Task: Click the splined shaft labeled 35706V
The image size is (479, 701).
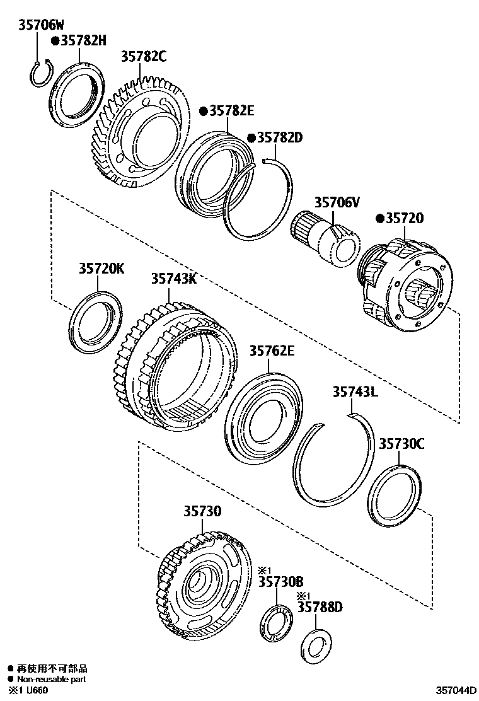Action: [326, 238]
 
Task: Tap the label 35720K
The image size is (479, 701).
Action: [101, 268]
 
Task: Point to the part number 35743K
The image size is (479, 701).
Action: [173, 278]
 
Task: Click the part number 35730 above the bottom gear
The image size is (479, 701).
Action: [202, 511]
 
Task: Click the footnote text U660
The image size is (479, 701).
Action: [35, 691]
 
